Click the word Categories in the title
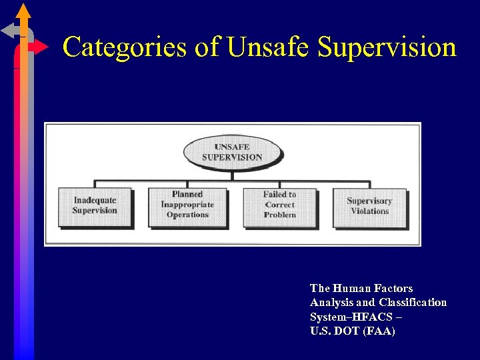124,47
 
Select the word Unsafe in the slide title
268,47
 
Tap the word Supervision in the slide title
387,47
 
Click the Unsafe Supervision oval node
232,152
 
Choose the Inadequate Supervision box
95,206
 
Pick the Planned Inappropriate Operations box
187,205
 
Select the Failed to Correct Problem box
279,205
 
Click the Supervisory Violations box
369,206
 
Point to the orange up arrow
23,12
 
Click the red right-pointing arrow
41,47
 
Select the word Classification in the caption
413,303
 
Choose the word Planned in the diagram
187,195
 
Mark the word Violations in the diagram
369,211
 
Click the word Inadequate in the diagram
95,201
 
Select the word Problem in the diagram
279,215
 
